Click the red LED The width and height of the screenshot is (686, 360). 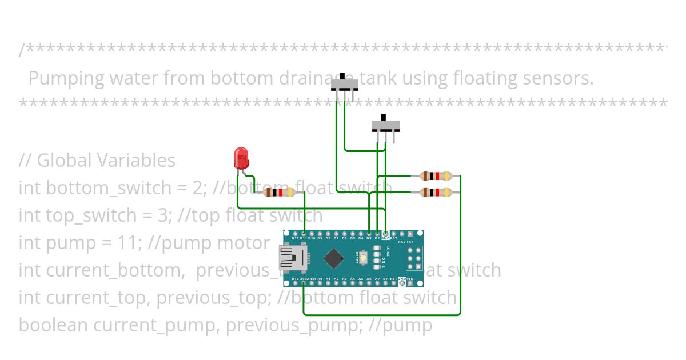point(241,157)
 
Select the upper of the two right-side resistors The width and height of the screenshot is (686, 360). point(436,176)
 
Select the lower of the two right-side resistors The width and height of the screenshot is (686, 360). point(436,193)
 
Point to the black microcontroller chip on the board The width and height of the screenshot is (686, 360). point(333,258)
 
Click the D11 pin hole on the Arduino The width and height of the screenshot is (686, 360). point(303,234)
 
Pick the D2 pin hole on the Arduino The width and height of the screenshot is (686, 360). point(377,234)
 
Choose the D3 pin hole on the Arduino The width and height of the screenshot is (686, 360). point(369,234)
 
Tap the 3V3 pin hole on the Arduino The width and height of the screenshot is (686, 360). point(303,283)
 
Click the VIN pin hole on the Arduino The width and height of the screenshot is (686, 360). point(410,283)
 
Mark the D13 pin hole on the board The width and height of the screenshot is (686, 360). point(294,283)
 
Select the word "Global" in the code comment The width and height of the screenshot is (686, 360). point(62,161)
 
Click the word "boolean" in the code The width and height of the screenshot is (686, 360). point(53,325)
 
